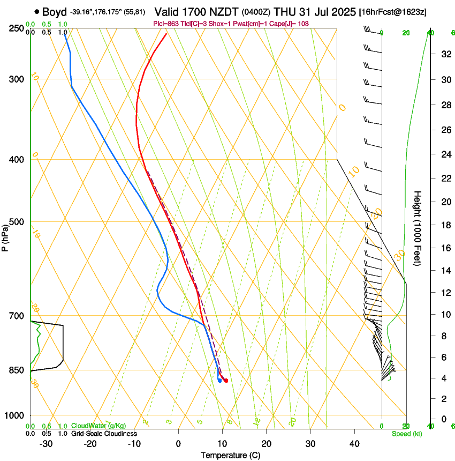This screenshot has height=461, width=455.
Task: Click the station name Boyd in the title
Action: coord(55,11)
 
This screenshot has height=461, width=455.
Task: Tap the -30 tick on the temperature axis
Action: coord(46,443)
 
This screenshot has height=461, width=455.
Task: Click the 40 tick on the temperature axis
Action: coord(354,443)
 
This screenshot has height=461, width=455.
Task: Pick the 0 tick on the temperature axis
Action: coord(178,443)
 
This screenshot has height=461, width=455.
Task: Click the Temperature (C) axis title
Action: coord(231,455)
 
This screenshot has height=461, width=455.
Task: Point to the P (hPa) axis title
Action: coord(5,236)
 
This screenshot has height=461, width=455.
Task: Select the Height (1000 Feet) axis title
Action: coord(418,228)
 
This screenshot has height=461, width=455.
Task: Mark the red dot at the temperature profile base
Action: coord(226,381)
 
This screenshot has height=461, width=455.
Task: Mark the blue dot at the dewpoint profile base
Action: coord(219,381)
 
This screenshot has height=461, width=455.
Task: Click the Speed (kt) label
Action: coord(407,434)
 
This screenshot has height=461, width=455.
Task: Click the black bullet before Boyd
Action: coord(36,11)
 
